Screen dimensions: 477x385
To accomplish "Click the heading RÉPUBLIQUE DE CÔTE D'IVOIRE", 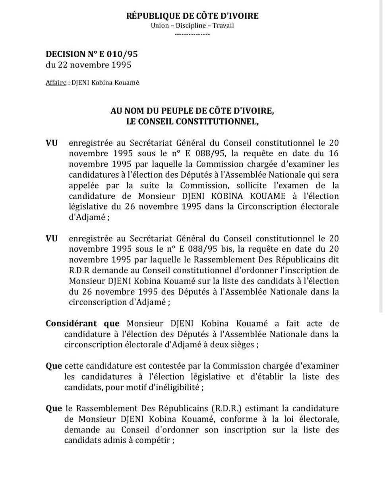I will [x=192, y=16].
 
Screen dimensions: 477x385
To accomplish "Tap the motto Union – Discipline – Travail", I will [x=192, y=26].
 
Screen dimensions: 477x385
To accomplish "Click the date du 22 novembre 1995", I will [x=89, y=64].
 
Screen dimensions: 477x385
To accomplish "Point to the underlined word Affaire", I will [x=56, y=83].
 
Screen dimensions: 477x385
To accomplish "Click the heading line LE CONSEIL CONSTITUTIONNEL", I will [x=192, y=122].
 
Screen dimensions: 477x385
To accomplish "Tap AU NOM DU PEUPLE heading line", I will [x=192, y=111].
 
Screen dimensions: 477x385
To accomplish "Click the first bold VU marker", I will [x=52, y=143].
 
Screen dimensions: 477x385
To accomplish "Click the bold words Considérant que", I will [x=83, y=324].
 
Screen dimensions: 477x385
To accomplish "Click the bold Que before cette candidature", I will [x=54, y=366].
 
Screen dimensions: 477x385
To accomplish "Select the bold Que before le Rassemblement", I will [x=54, y=409].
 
